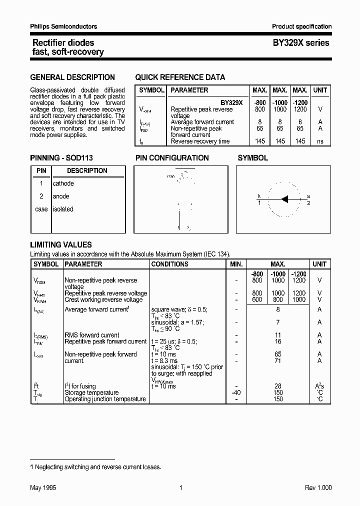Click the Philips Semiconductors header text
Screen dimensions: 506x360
[64, 26]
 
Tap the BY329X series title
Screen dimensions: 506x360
[300, 43]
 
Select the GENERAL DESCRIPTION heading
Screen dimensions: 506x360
[72, 77]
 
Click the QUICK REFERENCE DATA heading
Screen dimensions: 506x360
[180, 77]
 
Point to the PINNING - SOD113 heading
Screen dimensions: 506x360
[61, 158]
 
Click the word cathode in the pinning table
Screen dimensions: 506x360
[63, 183]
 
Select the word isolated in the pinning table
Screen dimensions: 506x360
[63, 209]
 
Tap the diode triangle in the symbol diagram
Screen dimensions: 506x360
[285, 199]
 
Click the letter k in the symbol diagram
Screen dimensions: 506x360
[259, 196]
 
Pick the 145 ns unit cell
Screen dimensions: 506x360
[320, 141]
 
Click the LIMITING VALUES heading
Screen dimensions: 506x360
[61, 245]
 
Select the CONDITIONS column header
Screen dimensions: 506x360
[170, 264]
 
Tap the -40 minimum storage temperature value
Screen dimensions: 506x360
[236, 392]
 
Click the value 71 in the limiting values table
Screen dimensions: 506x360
[278, 360]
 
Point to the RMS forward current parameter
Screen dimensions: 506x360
[92, 335]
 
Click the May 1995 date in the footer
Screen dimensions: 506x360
[42, 488]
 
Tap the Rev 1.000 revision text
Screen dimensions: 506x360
[318, 488]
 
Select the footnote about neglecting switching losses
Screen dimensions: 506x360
[95, 467]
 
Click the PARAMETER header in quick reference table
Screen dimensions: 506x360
[189, 90]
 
